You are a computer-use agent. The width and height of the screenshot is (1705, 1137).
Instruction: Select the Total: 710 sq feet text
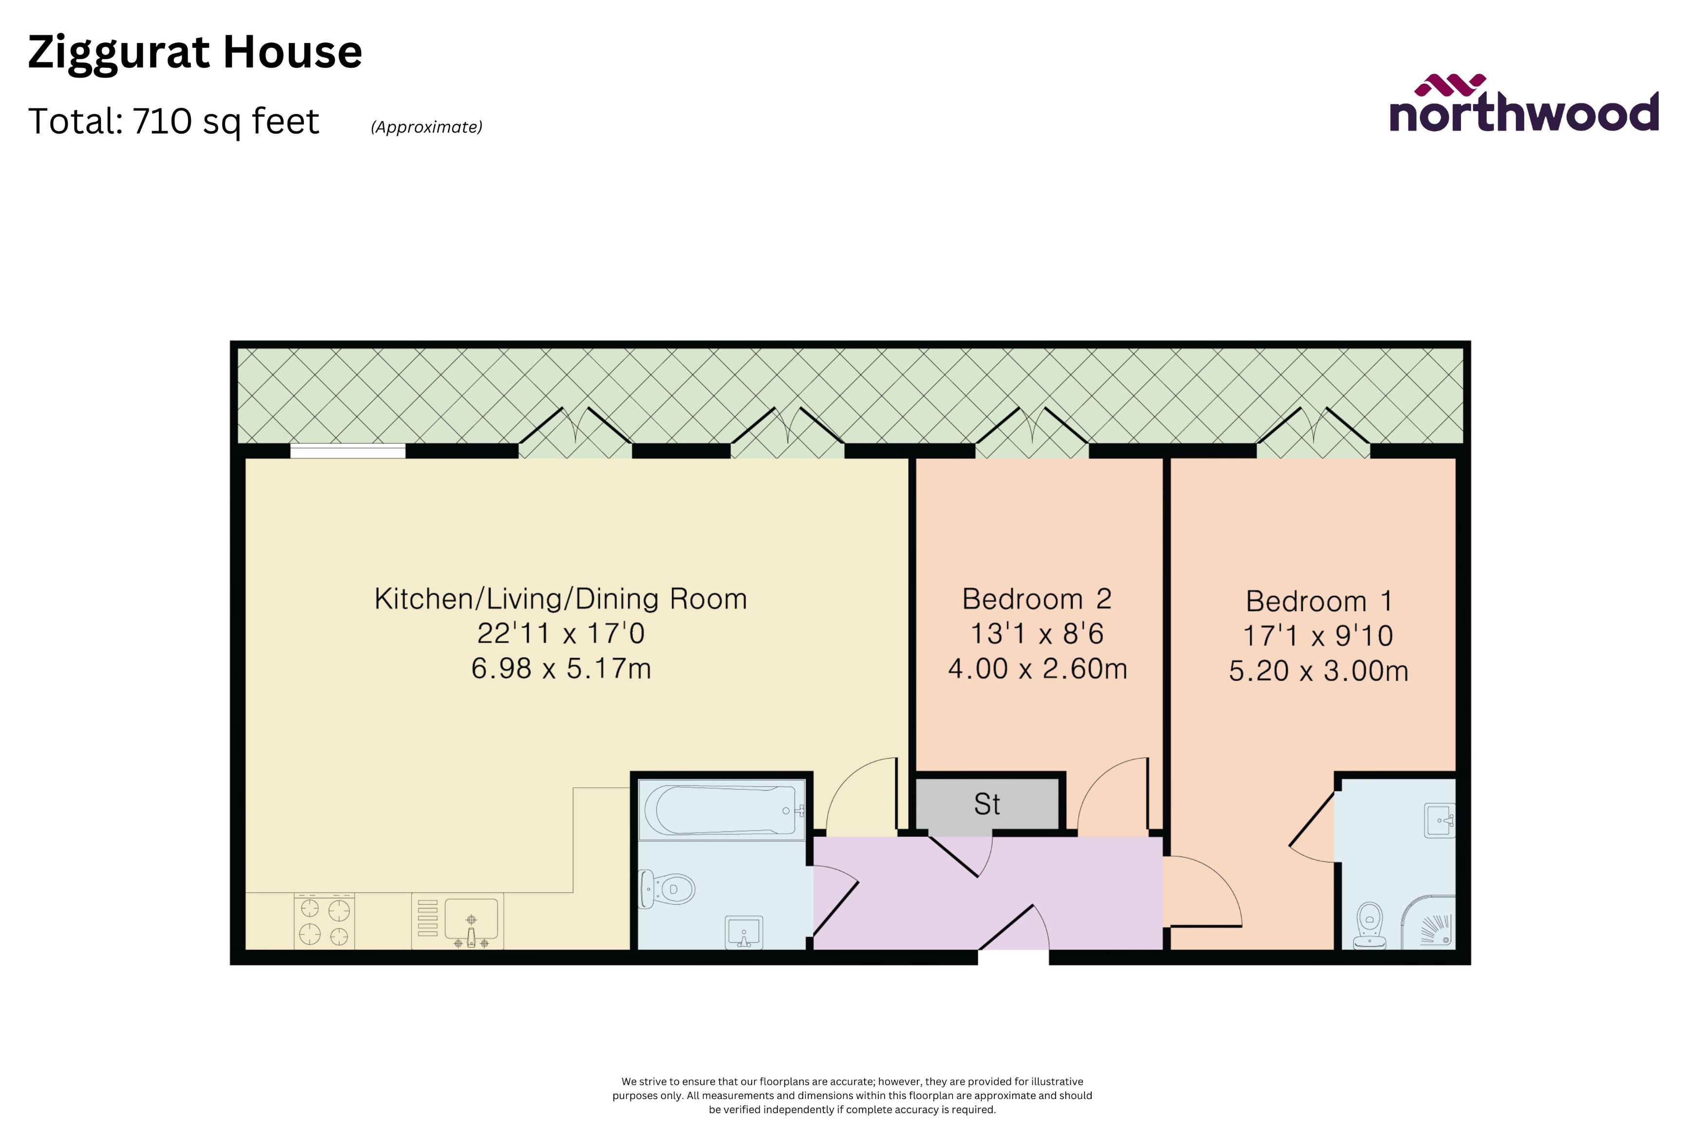click(x=173, y=121)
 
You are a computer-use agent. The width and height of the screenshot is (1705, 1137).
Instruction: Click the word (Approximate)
click(x=426, y=127)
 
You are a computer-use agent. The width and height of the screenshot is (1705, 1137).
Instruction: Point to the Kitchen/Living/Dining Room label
click(x=560, y=599)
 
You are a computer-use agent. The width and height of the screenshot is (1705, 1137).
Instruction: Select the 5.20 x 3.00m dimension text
click(x=1318, y=671)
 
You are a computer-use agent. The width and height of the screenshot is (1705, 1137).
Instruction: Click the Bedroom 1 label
click(x=1318, y=601)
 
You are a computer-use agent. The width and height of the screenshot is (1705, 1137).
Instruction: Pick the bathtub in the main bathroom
click(x=722, y=810)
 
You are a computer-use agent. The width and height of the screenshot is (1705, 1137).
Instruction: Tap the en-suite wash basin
click(x=1440, y=820)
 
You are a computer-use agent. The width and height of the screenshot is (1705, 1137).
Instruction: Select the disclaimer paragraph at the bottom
click(x=852, y=1095)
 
